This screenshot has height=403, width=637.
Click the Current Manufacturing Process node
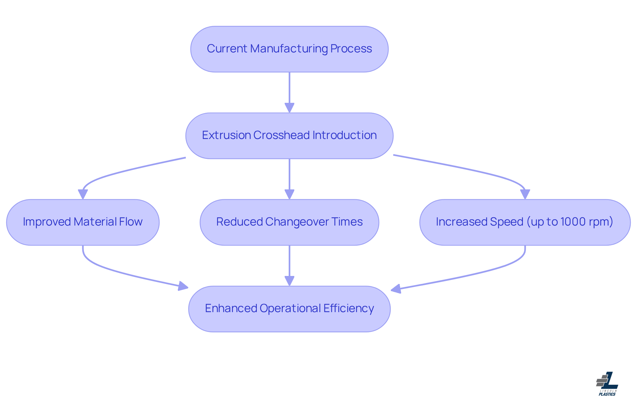[289, 49]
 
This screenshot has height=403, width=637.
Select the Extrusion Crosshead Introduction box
[289, 136]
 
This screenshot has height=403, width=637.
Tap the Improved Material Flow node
[83, 222]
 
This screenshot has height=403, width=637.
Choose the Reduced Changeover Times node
[289, 222]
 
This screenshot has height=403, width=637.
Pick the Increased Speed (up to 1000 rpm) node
[525, 222]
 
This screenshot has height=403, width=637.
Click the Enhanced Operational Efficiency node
[289, 309]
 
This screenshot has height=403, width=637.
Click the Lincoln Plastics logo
[607, 384]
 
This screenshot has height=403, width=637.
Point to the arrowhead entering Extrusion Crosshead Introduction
[289, 108]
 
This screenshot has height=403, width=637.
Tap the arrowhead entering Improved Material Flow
[83, 194]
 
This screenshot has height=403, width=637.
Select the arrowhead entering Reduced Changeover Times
[289, 194]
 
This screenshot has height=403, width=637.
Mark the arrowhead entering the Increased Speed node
[525, 194]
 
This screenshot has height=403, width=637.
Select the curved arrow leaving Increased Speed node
[481, 272]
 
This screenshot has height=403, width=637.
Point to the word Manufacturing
[289, 49]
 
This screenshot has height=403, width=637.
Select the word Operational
[290, 308]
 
